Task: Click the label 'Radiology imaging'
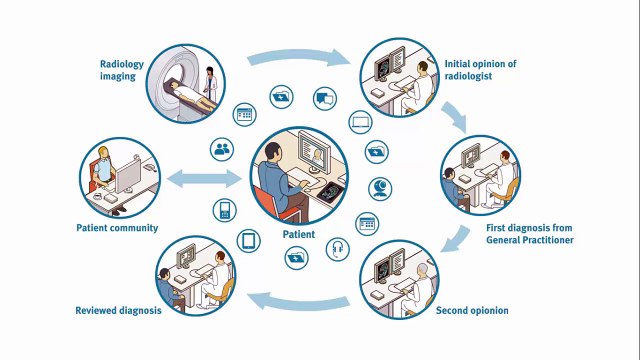point(122,70)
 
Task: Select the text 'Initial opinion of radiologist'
point(480,70)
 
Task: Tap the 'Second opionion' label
point(472,311)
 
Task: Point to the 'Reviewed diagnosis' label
point(118,311)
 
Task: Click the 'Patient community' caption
point(117,228)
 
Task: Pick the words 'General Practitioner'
point(529,240)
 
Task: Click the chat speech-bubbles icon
point(325,99)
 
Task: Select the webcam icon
point(380,189)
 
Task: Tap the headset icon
point(338,249)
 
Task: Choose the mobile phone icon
point(224,210)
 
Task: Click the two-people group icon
point(222,149)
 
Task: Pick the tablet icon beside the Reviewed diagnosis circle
point(249,241)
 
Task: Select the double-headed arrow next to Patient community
point(204,179)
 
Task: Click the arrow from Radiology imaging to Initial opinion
point(299,56)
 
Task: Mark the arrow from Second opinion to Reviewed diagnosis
point(298,302)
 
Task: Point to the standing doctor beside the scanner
point(210,83)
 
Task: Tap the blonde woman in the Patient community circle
point(103,165)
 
